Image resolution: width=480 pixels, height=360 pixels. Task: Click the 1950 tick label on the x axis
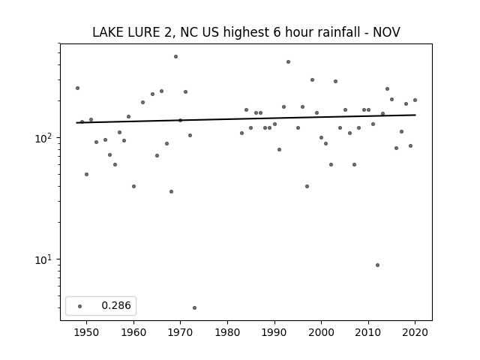87,332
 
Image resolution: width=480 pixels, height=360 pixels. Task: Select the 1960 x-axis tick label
133,332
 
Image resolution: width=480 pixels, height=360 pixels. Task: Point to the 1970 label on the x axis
181,332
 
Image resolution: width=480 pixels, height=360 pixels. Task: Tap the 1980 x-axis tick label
227,332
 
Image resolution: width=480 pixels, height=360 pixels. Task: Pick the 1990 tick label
274,332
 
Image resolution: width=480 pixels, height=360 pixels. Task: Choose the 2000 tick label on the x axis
322,332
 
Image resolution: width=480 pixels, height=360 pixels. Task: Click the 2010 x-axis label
368,332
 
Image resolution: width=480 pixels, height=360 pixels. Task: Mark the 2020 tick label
415,332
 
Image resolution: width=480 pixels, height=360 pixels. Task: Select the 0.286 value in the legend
116,305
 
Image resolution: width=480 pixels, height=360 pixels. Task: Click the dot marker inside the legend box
80,306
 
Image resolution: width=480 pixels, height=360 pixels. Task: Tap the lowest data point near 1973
195,308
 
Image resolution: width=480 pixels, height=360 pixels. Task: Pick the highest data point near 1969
175,57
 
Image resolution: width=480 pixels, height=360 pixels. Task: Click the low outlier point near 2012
377,265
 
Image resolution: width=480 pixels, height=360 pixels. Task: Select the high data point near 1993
288,61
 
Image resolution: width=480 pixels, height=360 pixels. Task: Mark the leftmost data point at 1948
77,88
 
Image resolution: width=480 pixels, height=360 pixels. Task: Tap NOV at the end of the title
386,32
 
